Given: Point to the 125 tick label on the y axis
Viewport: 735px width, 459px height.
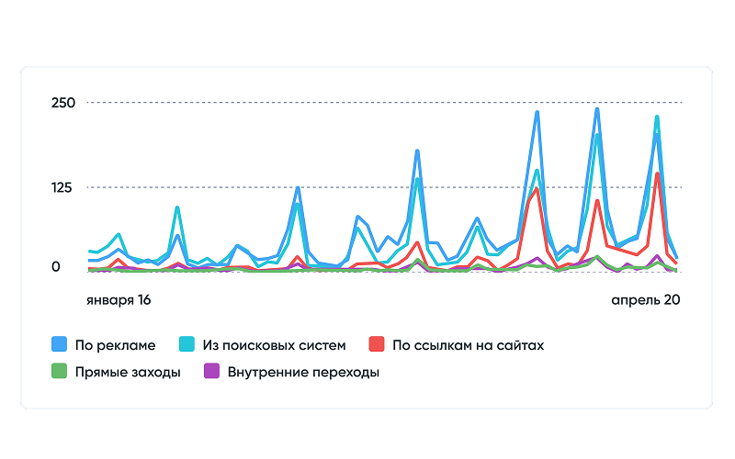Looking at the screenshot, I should (x=62, y=187).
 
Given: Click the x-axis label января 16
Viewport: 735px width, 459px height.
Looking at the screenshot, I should (x=119, y=300).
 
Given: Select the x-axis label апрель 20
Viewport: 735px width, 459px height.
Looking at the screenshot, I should (x=645, y=300).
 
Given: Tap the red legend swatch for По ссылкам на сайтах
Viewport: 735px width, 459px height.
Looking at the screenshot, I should (x=376, y=345).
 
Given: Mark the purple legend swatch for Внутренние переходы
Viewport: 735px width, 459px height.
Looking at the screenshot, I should (x=209, y=372).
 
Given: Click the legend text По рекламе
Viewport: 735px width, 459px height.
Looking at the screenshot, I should (x=116, y=345).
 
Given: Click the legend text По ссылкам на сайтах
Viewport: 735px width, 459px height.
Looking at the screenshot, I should (x=469, y=345).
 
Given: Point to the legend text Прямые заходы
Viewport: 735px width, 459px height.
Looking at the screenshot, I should (x=129, y=372).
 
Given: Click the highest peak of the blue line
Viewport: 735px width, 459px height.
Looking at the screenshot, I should (x=597, y=109).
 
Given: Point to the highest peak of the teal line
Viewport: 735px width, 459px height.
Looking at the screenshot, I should (x=657, y=117).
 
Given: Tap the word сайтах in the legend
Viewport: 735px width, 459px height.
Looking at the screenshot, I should (x=521, y=345).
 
